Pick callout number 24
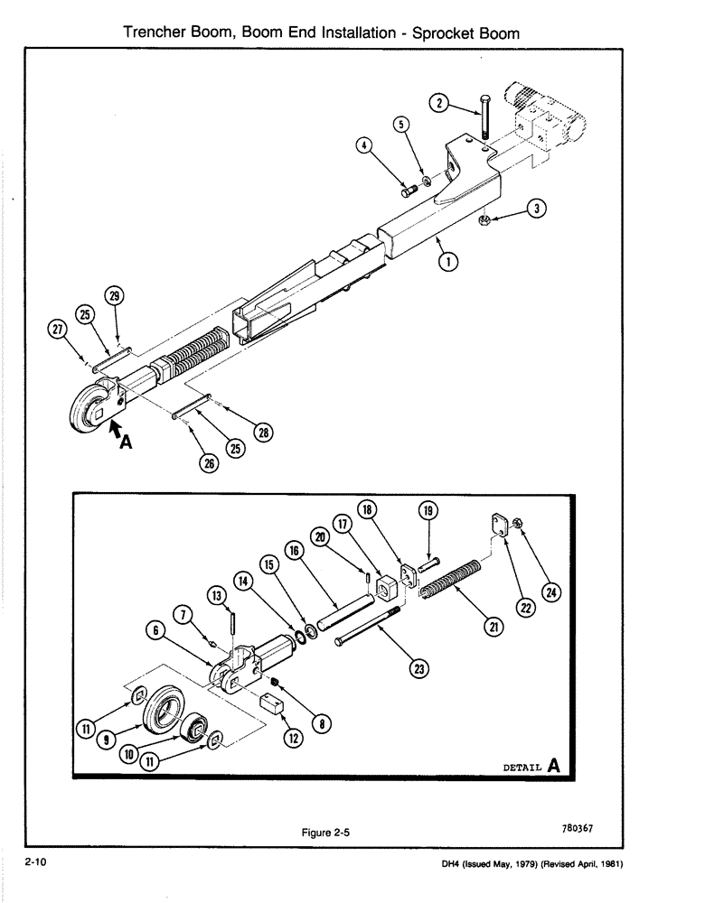click(550, 592)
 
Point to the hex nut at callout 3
click(484, 219)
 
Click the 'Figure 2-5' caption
click(325, 833)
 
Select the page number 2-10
click(36, 864)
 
